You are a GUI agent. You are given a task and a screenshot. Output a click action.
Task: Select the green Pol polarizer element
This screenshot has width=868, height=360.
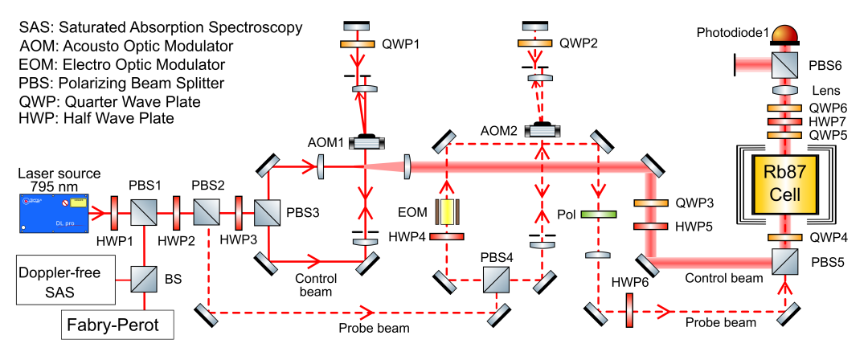tap(596, 215)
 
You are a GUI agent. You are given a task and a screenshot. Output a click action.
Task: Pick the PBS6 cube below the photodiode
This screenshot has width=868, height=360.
tap(784, 63)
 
